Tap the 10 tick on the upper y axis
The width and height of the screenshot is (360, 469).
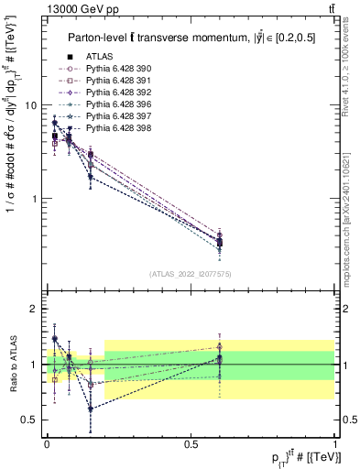tap(30, 105)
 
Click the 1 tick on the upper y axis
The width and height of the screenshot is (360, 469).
tap(34, 199)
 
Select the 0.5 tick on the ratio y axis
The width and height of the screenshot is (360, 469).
tap(29, 420)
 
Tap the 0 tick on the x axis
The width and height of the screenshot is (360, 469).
tap(47, 443)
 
